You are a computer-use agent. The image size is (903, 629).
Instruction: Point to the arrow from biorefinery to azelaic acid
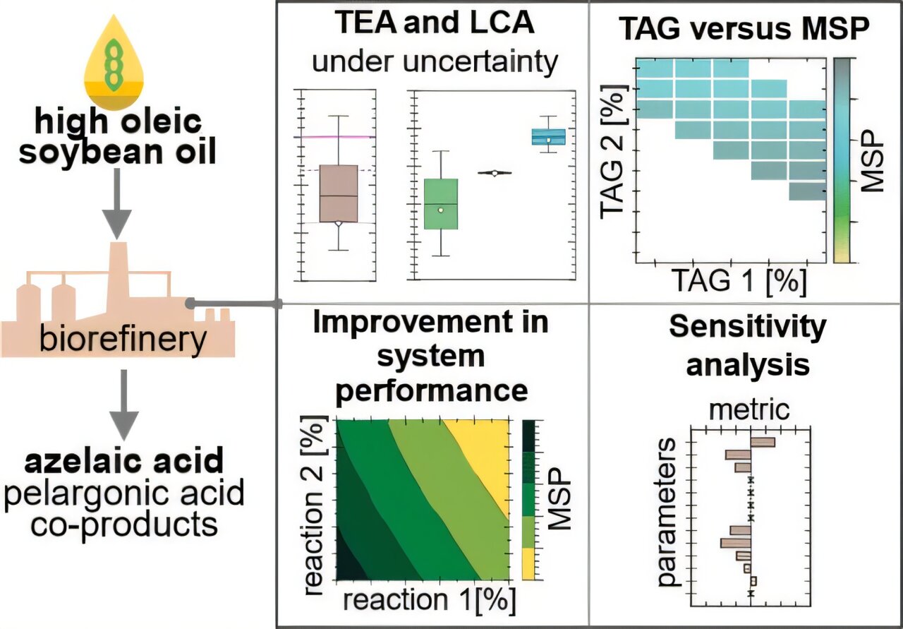tap(122, 402)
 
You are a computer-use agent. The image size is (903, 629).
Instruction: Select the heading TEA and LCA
tap(433, 25)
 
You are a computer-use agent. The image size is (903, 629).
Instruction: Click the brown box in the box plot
tap(339, 194)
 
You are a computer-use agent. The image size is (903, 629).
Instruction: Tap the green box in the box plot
tap(440, 204)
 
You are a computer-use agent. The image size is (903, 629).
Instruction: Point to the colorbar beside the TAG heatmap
tap(844, 160)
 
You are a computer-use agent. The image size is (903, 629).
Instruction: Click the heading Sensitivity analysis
tap(747, 345)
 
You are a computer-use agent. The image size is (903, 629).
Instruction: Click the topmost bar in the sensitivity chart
tap(763, 443)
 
